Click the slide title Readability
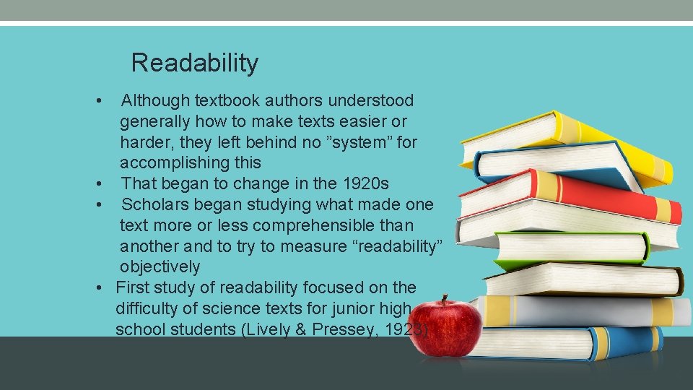click(x=194, y=63)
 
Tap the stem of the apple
click(x=446, y=300)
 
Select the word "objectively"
click(x=160, y=266)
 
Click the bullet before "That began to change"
click(x=105, y=184)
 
